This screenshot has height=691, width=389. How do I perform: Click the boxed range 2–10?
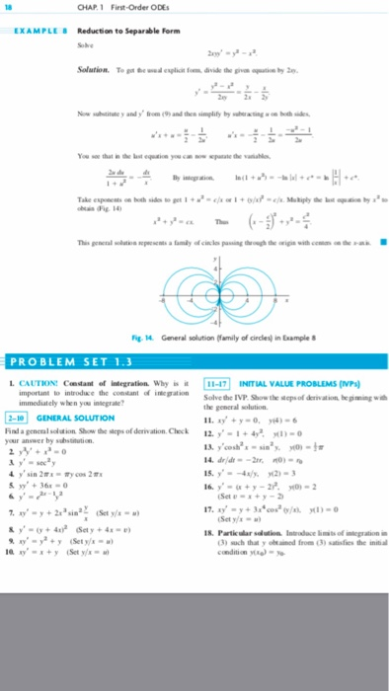tap(18, 421)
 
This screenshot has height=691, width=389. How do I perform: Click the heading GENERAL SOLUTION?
tap(76, 421)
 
